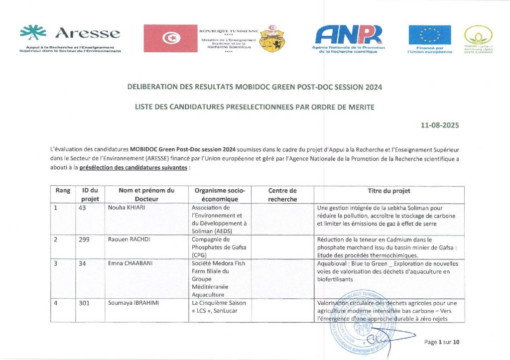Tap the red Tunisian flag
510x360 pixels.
pos(170,38)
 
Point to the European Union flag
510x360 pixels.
pos(430,35)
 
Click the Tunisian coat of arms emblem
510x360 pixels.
pos(273,38)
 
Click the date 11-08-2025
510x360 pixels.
pos(440,125)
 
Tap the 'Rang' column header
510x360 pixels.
pos(63,191)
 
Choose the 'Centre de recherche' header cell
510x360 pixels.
pos(282,195)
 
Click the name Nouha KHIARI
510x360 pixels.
pos(127,208)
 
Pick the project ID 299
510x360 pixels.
pos(84,240)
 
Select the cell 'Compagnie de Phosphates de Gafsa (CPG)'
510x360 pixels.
pos(219,247)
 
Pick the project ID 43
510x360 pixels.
pos(83,208)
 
